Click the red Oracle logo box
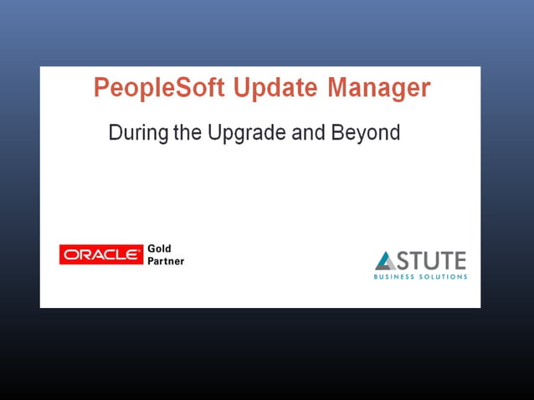click(101, 255)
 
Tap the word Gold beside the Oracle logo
click(159, 249)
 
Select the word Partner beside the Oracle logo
click(166, 261)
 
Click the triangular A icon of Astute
click(385, 260)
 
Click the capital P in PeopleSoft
click(101, 89)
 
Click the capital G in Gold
click(151, 249)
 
